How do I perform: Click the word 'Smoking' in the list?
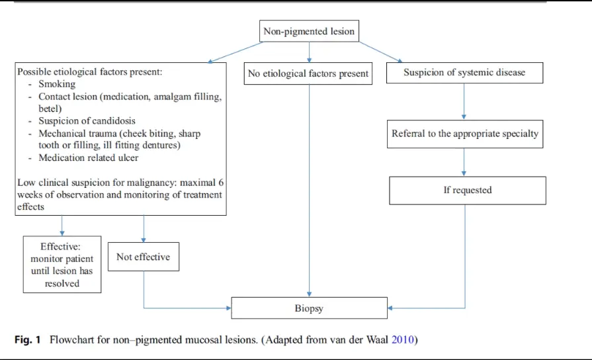pyautogui.click(x=57, y=84)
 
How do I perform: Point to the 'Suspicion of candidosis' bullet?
pyautogui.click(x=87, y=121)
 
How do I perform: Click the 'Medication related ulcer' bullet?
pyautogui.click(x=89, y=157)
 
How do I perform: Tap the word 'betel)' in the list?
pyautogui.click(x=50, y=109)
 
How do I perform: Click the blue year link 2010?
pyautogui.click(x=403, y=339)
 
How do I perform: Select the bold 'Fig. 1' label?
pyautogui.click(x=28, y=339)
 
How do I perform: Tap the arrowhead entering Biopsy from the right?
pyautogui.click(x=390, y=308)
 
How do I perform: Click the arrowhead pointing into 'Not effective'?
pyautogui.click(x=144, y=240)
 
